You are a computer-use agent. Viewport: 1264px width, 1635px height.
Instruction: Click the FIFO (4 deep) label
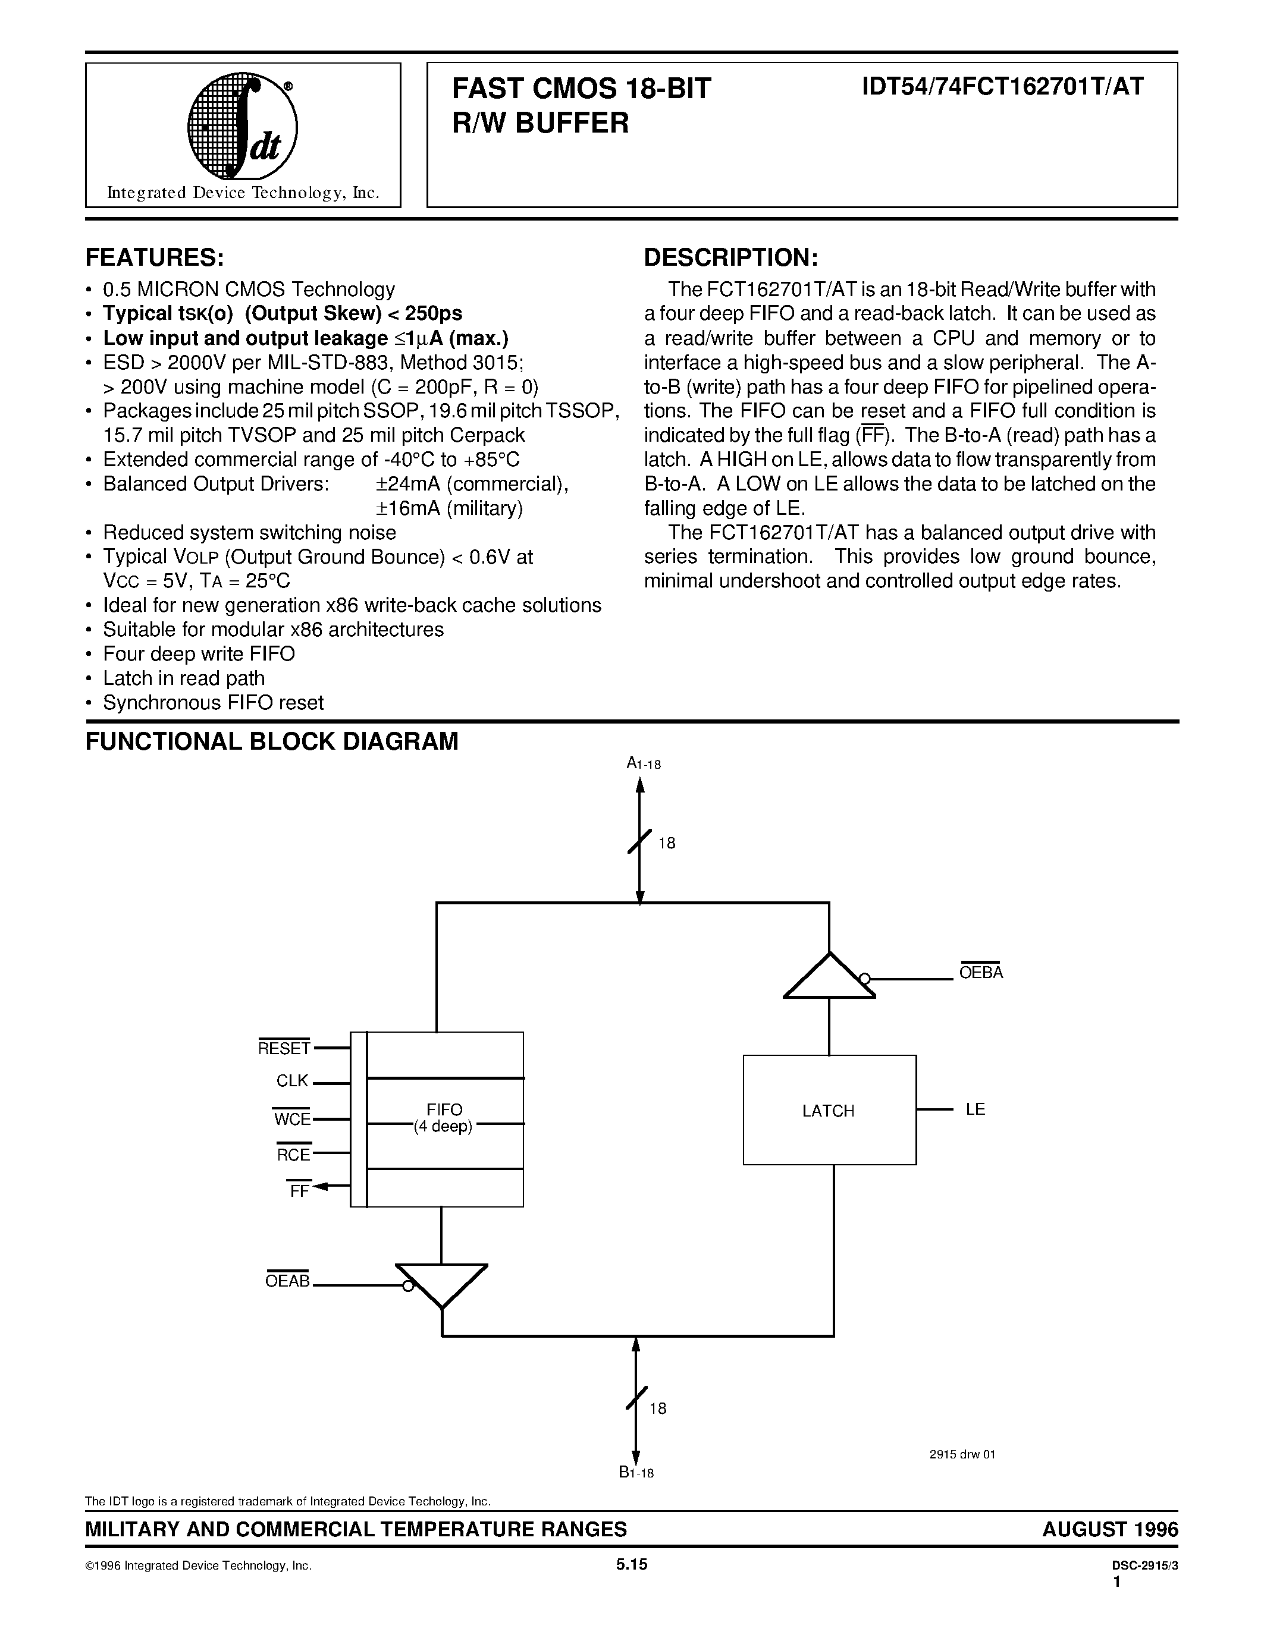coord(444,1118)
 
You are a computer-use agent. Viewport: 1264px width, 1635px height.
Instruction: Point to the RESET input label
coord(284,1048)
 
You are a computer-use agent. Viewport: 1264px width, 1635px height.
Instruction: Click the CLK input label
coord(292,1081)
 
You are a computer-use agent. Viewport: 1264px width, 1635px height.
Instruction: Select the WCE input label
coord(292,1119)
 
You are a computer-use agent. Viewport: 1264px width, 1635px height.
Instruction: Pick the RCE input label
coord(293,1155)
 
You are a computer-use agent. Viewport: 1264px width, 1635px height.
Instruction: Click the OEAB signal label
coord(287,1281)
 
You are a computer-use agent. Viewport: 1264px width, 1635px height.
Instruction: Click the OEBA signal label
coord(980,973)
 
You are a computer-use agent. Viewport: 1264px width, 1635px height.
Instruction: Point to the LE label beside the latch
coord(975,1109)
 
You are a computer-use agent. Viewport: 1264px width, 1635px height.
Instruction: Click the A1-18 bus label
coord(643,763)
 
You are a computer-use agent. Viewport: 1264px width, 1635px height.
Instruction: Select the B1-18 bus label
coord(636,1473)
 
